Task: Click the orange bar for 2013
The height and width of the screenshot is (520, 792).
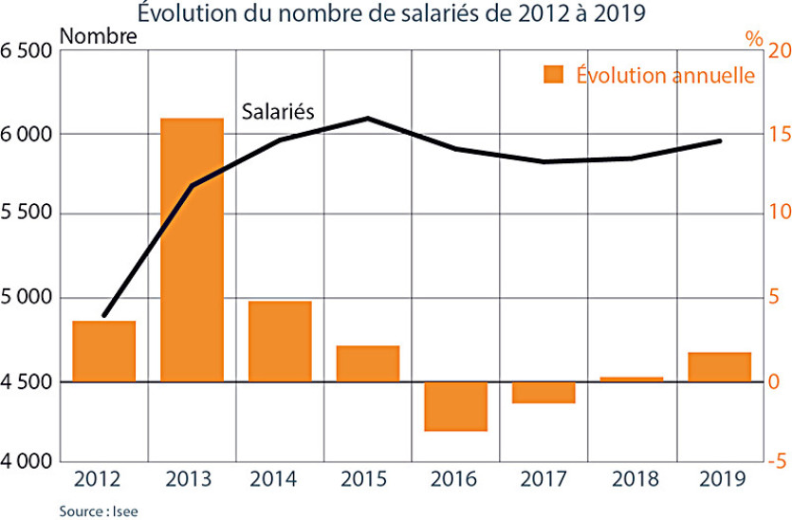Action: coord(192,250)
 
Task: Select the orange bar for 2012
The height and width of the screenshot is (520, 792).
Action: coord(104,351)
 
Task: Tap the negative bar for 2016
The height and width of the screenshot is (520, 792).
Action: coord(455,406)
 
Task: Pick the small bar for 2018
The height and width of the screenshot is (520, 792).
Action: coord(631,379)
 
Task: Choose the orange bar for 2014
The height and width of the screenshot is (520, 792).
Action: coord(280,342)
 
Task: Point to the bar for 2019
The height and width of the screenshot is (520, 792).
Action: coord(719,367)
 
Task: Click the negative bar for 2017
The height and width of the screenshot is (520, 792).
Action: coord(543,392)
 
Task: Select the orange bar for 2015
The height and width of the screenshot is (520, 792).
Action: coord(368,363)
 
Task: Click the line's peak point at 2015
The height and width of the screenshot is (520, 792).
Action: coord(368,119)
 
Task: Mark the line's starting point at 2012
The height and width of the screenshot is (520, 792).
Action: coord(104,315)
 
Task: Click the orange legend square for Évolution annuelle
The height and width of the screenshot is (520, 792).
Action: coord(554,74)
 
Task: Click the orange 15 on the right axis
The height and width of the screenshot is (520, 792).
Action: coord(779,134)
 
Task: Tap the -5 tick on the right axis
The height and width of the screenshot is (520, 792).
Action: coord(779,462)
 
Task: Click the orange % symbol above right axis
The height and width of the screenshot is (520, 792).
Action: coord(754,39)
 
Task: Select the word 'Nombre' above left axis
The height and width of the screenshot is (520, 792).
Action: coord(99,37)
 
